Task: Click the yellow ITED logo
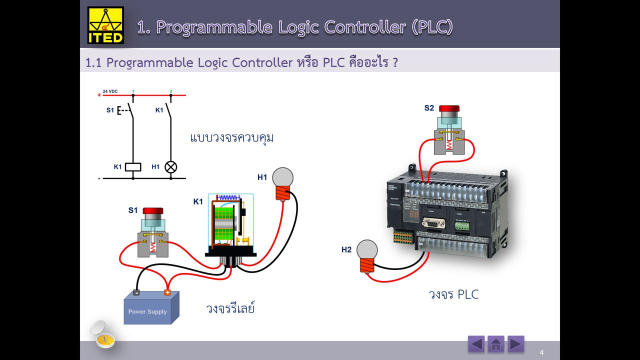click(105, 25)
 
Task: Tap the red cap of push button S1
click(152, 211)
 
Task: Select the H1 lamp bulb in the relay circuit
click(282, 178)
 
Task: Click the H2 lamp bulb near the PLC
click(366, 250)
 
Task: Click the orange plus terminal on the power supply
click(167, 293)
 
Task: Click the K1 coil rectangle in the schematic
click(132, 167)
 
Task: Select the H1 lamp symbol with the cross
click(171, 167)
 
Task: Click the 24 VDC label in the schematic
click(110, 91)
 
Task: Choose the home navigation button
click(495, 344)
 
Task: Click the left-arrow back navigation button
click(476, 344)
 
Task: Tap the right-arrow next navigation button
click(515, 344)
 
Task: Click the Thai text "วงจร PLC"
click(453, 294)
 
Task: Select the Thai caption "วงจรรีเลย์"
click(230, 308)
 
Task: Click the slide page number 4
click(541, 353)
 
